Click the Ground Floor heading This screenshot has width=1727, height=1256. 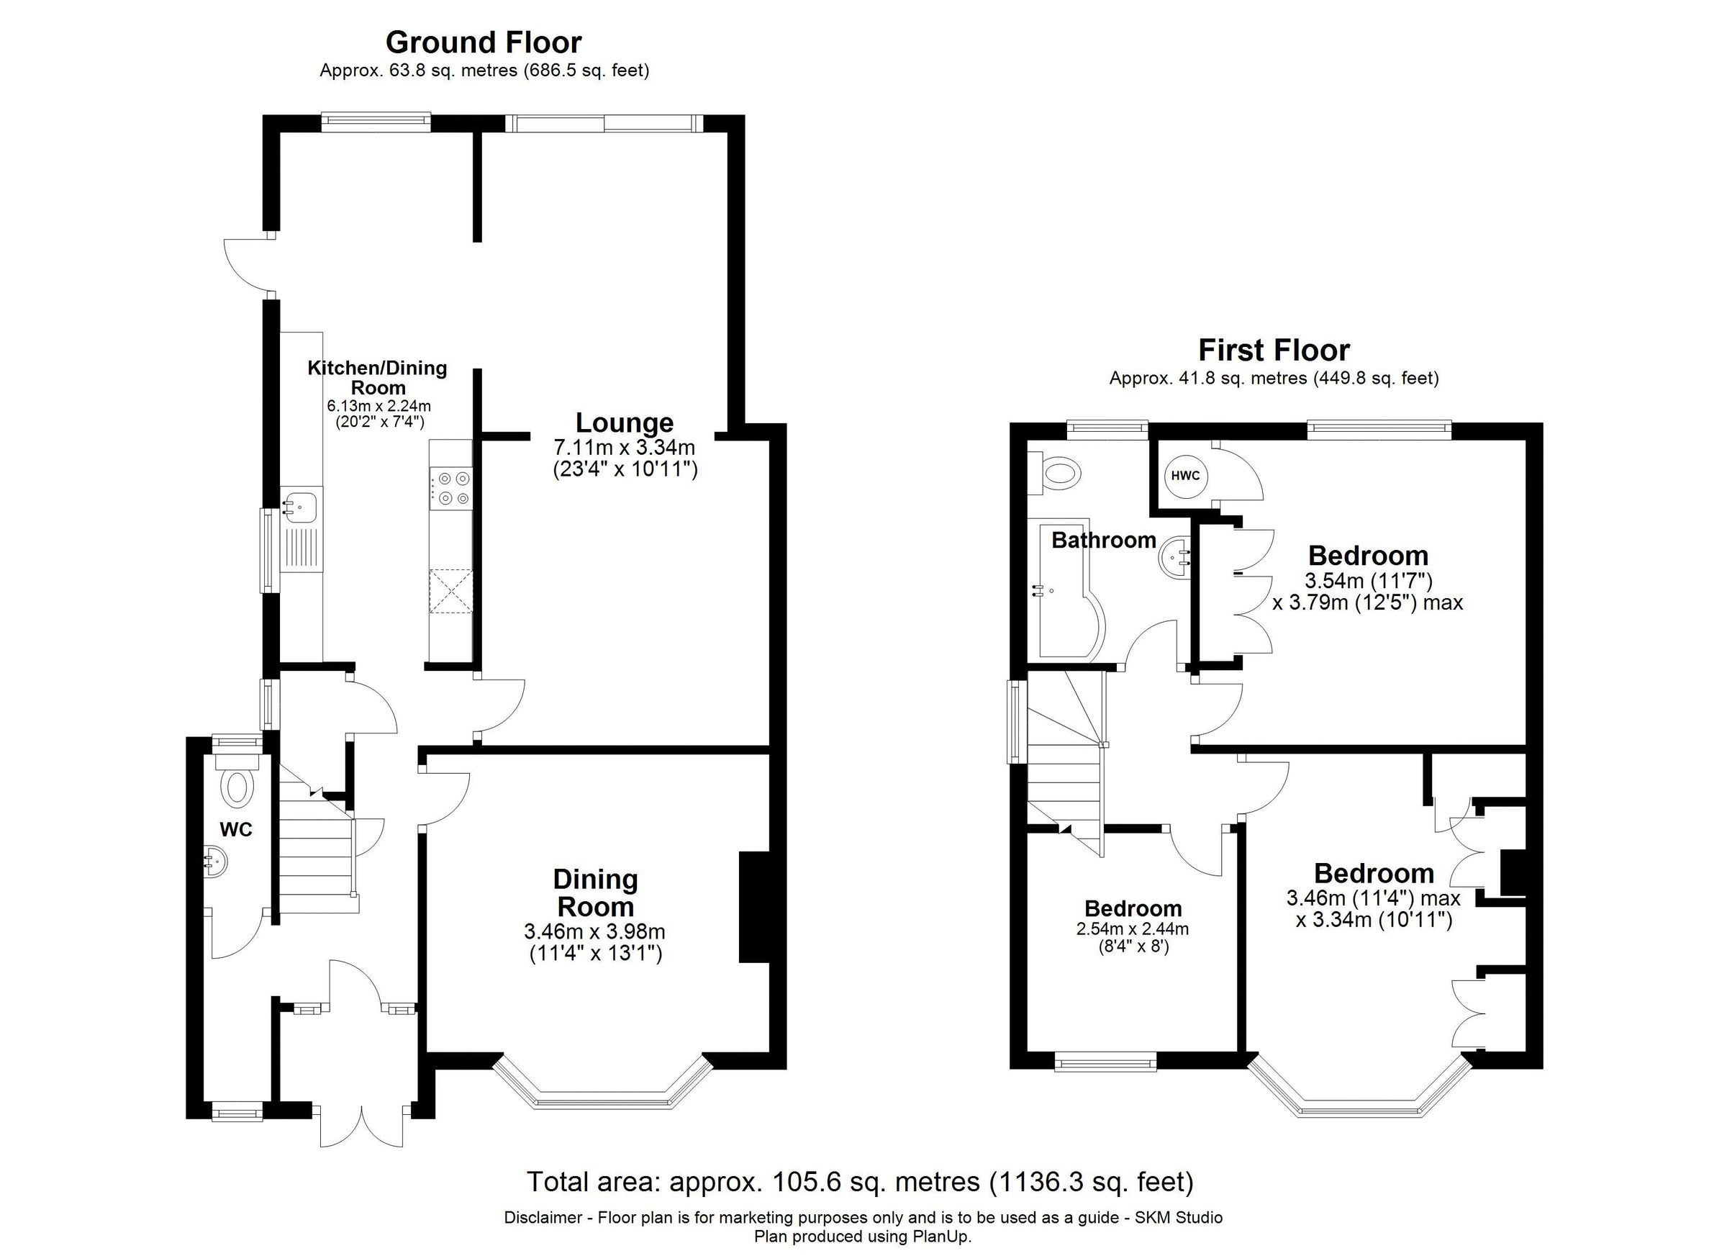(484, 42)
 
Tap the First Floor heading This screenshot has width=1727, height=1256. (1273, 351)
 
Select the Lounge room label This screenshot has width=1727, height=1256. (624, 423)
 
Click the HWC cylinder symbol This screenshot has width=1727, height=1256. (1185, 476)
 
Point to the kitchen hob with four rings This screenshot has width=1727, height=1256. (450, 488)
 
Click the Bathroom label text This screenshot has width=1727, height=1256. (1103, 541)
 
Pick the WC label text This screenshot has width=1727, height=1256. (235, 830)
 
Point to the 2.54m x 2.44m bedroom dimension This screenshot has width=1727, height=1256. (1133, 929)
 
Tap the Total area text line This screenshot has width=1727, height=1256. (860, 1181)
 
